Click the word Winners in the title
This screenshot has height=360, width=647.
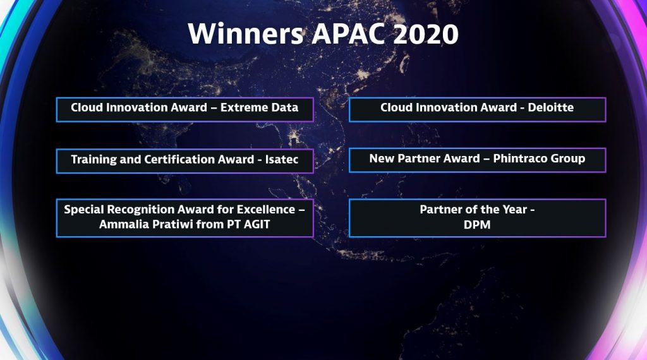point(246,34)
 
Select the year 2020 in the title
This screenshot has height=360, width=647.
point(425,34)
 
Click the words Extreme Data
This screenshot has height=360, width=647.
point(259,107)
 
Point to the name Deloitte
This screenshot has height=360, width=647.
point(550,107)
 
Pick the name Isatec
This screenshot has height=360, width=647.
point(281,160)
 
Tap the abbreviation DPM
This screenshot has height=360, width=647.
point(477,225)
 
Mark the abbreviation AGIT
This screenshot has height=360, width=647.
point(257,224)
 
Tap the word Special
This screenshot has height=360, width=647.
point(84,210)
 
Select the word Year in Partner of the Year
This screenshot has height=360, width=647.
point(514,210)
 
